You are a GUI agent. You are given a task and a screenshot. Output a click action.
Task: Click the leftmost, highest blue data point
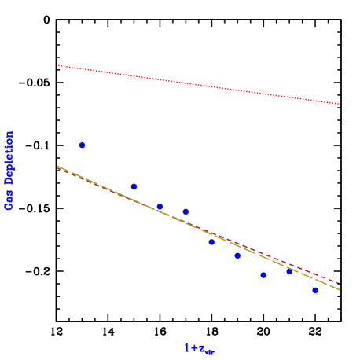click(x=82, y=145)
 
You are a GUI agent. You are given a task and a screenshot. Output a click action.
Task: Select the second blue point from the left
click(x=134, y=186)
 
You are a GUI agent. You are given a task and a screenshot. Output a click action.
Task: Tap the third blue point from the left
click(x=160, y=207)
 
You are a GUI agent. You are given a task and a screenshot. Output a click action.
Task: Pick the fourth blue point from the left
click(x=186, y=211)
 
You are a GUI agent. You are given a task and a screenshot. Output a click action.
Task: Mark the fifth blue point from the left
click(x=211, y=241)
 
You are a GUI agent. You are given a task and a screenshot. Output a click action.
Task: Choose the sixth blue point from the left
click(x=237, y=255)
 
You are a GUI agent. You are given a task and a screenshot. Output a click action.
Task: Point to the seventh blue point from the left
click(x=263, y=275)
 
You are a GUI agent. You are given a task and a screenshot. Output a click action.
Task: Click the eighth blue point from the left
click(x=289, y=271)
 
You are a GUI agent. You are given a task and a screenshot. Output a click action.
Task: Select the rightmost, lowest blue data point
click(x=315, y=290)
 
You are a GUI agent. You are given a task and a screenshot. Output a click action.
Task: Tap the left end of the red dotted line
click(x=58, y=66)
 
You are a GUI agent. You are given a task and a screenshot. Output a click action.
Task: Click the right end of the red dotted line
click(x=340, y=104)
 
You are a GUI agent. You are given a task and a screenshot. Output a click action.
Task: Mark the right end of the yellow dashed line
click(x=340, y=290)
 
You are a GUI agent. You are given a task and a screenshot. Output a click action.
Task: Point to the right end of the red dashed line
click(x=340, y=283)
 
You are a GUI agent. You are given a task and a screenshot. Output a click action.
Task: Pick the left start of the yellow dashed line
click(x=57, y=166)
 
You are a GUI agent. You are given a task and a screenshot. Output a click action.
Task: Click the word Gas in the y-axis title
click(x=9, y=199)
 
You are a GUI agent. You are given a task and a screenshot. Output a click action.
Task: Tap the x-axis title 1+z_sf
click(x=199, y=347)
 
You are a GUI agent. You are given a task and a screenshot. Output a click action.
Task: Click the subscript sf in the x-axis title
click(x=210, y=351)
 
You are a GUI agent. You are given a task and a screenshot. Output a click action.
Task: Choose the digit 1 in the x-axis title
click(x=187, y=347)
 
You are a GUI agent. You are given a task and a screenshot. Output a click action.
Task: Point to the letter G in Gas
click(x=9, y=205)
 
